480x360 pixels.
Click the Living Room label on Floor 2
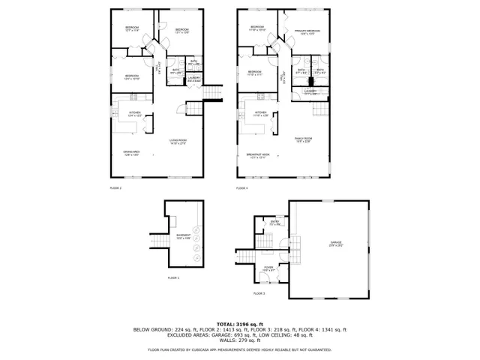coord(178,141)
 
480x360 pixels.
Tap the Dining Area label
coord(132,154)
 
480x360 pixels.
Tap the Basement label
coord(184,236)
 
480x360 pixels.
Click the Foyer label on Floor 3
coord(268,268)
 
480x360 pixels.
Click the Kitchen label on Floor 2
coord(135,114)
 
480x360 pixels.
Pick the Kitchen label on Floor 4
coord(260,114)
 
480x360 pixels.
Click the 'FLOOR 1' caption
coord(174,278)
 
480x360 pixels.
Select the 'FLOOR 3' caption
coord(259,292)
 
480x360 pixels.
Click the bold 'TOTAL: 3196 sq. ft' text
coord(240,323)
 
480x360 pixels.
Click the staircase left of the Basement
coord(160,239)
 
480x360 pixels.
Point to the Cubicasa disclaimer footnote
coord(240,349)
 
